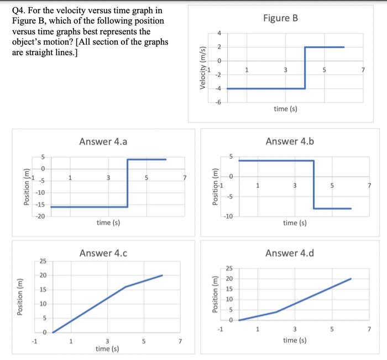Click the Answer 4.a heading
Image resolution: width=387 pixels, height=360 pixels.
point(103,141)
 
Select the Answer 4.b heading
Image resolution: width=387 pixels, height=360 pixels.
point(290,141)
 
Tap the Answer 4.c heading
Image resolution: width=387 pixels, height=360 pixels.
point(103,253)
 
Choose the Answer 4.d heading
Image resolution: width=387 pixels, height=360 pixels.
point(290,253)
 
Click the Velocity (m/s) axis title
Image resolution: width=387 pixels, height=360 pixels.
point(203,68)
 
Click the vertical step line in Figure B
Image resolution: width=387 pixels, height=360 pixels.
point(305,67)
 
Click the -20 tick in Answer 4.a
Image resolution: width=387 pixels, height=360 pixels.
point(40,216)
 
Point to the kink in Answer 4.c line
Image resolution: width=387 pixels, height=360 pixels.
point(126,287)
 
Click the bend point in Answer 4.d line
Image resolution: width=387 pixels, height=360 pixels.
point(276,312)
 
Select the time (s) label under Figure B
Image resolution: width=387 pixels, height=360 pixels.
point(286,109)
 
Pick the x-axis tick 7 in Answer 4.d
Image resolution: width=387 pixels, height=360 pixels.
point(370,330)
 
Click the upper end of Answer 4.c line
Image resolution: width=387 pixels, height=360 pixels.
point(163,275)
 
